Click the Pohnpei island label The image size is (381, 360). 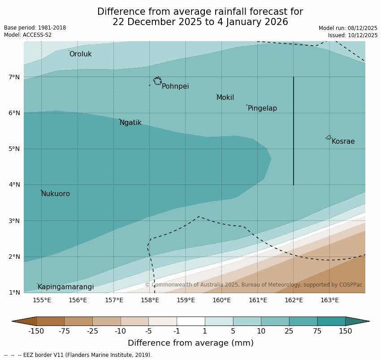click(175, 86)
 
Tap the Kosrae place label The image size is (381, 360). click(343, 141)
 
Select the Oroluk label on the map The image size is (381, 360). click(80, 54)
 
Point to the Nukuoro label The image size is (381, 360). click(56, 194)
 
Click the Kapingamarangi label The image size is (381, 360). click(65, 287)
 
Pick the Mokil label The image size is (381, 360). click(225, 98)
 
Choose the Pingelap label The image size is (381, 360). click(262, 108)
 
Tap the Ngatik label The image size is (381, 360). click(130, 123)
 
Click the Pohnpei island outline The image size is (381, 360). click(157, 81)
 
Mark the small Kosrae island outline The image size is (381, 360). click(329, 137)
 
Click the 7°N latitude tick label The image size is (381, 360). click(14, 77)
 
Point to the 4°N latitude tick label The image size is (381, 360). click(14, 184)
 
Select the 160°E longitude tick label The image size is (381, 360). click(221, 300)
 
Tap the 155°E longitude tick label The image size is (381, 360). click(42, 300)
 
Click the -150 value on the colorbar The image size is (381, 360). click(36, 331)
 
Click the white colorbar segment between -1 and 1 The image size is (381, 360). click(190, 321)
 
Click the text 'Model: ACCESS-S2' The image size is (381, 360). click(28, 35)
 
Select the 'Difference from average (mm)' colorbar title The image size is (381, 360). click(190, 343)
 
